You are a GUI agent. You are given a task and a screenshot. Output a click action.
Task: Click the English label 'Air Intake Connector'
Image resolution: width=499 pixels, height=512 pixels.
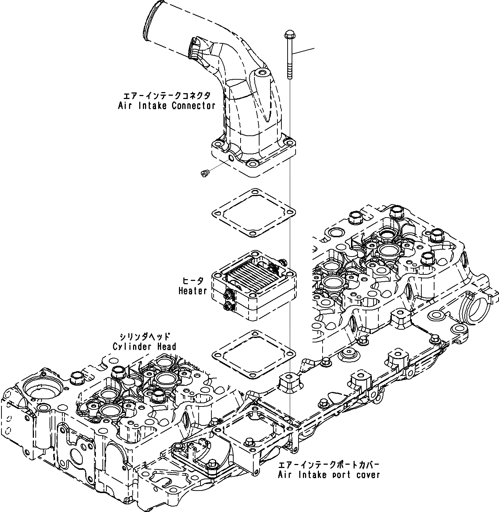167,106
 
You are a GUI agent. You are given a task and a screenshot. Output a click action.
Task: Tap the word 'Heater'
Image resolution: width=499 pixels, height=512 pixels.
193,291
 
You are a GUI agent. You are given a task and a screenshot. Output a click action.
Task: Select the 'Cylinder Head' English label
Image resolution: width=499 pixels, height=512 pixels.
144,346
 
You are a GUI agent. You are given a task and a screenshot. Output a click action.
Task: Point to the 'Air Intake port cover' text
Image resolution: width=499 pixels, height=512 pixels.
329,475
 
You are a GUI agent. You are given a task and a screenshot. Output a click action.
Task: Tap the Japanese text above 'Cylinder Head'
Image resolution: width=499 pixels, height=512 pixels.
145,337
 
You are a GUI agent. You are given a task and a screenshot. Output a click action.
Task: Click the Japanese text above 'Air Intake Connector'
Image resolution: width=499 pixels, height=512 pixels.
167,96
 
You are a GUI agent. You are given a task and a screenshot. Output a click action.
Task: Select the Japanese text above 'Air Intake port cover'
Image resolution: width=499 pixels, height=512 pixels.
329,465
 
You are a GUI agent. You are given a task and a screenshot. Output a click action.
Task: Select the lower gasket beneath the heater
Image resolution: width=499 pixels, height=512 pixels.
253,353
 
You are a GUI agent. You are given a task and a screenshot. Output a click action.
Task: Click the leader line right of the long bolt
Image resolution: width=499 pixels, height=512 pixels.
303,52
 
